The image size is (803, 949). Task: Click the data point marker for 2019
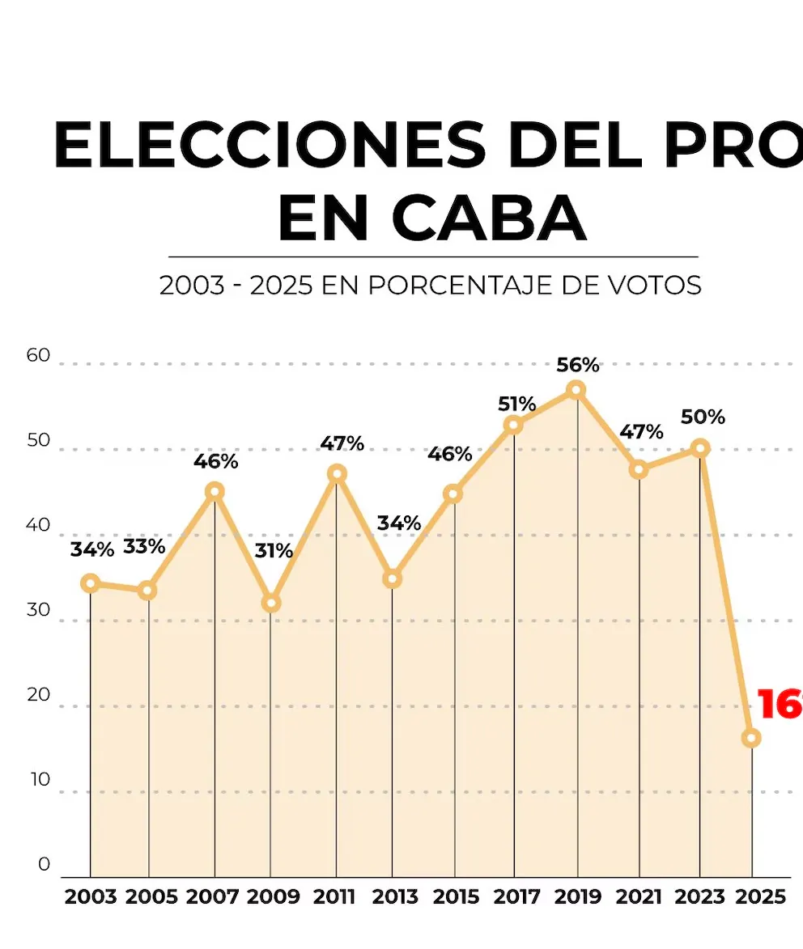click(576, 390)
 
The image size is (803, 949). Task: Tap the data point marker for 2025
click(751, 738)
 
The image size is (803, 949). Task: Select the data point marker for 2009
click(271, 604)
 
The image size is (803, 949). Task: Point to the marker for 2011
click(337, 474)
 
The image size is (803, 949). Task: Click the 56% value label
click(578, 365)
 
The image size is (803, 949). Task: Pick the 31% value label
click(274, 551)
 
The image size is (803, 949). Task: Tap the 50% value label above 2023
click(703, 417)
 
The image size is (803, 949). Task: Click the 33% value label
click(144, 547)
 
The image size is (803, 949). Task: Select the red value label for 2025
click(780, 705)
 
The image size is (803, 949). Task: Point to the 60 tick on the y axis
click(38, 356)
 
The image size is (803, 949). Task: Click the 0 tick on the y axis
click(44, 864)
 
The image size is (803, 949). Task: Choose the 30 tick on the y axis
click(38, 610)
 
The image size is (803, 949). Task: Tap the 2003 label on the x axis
click(91, 897)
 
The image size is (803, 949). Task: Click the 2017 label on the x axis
click(516, 897)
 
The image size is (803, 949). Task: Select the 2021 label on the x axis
click(639, 897)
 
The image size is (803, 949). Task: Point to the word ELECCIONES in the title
click(270, 146)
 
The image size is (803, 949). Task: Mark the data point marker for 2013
click(393, 579)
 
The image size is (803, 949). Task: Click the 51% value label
click(517, 404)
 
